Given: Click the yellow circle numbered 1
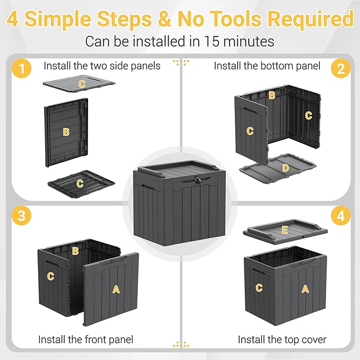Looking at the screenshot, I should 20,68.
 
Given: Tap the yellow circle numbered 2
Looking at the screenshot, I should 340,68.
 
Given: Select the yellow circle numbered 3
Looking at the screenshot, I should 20,216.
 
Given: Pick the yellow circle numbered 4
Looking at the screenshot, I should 340,216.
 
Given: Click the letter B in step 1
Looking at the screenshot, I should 66,132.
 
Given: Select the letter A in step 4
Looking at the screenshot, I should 305,288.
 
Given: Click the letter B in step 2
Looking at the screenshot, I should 272,95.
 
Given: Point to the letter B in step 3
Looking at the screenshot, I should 75,251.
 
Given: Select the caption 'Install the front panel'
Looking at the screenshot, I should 85,339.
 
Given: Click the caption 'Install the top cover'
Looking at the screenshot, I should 282,339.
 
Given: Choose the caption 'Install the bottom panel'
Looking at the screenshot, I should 267,66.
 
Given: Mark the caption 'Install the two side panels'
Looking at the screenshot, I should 102,66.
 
